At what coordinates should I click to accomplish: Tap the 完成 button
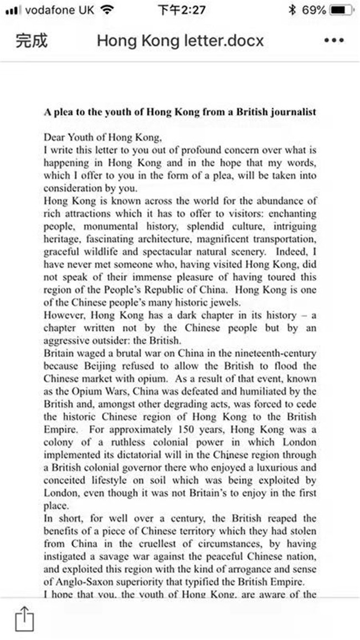tap(32, 41)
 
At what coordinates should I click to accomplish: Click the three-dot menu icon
tap(333, 41)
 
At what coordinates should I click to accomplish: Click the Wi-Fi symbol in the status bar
tap(107, 10)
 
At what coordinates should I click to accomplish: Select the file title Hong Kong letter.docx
tap(180, 41)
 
